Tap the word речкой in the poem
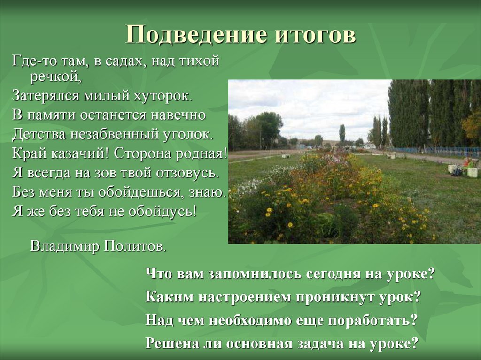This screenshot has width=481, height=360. [x=56, y=77]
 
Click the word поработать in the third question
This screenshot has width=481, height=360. [x=371, y=320]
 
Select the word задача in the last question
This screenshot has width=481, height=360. [x=320, y=343]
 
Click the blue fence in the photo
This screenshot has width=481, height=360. [x=451, y=152]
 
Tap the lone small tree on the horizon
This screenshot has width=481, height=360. [x=342, y=133]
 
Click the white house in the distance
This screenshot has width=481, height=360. [x=371, y=146]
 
